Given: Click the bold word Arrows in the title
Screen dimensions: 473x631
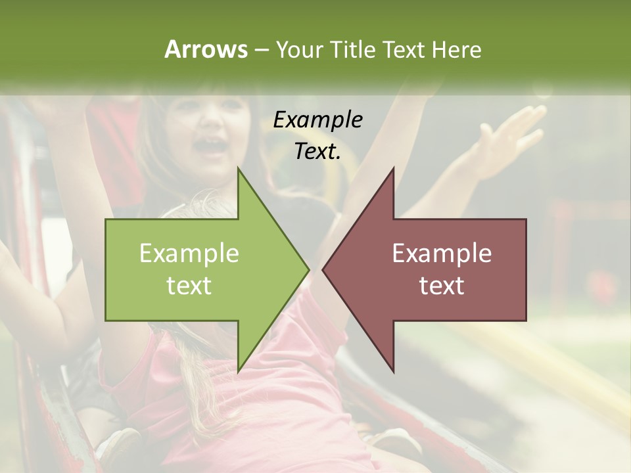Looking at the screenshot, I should (206, 49).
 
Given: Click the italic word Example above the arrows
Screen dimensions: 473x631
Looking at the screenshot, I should (318, 120).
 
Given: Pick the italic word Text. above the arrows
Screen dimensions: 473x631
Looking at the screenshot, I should (318, 151).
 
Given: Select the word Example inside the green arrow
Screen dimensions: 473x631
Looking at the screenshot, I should (189, 254).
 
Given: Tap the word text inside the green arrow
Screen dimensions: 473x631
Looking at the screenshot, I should (189, 286).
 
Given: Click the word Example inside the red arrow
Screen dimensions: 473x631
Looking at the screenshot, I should (442, 254).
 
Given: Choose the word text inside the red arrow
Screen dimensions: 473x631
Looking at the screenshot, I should (442, 286).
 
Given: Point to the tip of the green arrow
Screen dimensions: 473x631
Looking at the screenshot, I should (308, 269).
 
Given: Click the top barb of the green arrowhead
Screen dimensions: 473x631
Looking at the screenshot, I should (239, 171).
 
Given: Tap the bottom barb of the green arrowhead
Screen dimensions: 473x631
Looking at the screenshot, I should (239, 369).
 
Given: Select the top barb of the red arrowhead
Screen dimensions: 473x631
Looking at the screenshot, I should (392, 171).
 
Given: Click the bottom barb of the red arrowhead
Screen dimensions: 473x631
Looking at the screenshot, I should (392, 369).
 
